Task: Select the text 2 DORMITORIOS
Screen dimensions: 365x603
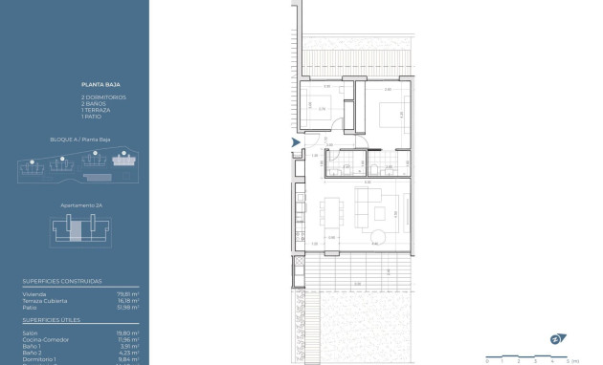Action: pos(103,97)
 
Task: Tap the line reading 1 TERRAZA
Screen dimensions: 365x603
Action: pos(97,110)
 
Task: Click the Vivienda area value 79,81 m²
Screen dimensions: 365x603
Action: pos(128,294)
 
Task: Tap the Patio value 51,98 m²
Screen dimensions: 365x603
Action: pos(128,306)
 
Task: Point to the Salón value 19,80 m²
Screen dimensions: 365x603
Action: pos(128,333)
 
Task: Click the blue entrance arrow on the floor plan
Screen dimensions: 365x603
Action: pos(296,142)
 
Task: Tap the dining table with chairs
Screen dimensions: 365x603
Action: pos(331,209)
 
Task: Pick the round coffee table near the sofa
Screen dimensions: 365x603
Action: pos(380,236)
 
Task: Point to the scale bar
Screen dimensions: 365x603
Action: pos(526,355)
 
